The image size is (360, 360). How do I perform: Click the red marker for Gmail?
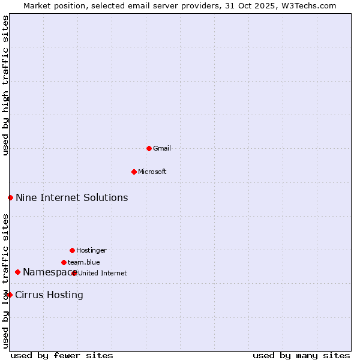(149, 148)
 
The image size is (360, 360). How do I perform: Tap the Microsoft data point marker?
(134, 172)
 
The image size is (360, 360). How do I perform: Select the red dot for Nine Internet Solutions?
(10, 197)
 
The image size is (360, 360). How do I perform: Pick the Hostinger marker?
(72, 250)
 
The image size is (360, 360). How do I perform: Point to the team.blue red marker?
(64, 262)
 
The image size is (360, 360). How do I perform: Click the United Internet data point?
(74, 273)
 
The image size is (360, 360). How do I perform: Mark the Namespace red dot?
(17, 272)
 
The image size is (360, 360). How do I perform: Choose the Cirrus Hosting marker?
(10, 295)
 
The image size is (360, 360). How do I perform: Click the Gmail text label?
(162, 149)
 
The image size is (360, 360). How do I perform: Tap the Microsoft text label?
(152, 172)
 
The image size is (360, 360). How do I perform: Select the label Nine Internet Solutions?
(71, 198)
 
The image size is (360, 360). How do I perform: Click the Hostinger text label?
(91, 251)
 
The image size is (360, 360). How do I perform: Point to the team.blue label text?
(84, 263)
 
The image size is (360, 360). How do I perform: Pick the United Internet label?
(103, 274)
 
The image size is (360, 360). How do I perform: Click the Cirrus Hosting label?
(49, 295)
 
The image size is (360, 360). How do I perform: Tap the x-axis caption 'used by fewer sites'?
(62, 356)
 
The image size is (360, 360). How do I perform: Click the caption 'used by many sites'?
(301, 356)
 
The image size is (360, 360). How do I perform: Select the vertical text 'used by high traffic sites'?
(6, 85)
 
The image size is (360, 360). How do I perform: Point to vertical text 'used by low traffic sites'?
(6, 281)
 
